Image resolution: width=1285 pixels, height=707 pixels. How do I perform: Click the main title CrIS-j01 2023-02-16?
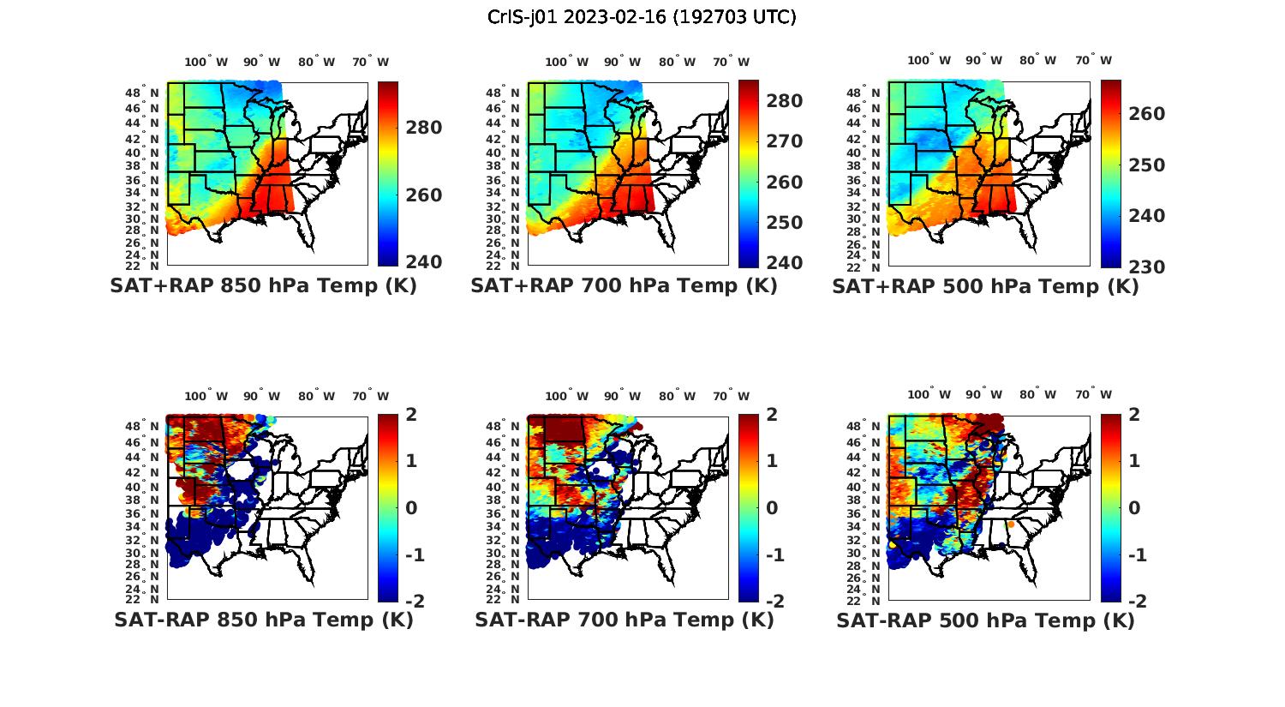click(642, 16)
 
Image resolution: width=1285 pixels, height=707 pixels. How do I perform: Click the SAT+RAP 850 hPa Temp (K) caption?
click(263, 286)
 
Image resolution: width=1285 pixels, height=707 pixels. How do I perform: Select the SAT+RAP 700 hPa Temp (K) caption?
click(624, 286)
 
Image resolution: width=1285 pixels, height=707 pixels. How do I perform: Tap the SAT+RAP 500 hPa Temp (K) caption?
click(985, 287)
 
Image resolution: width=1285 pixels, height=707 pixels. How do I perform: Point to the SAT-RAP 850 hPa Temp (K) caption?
click(263, 620)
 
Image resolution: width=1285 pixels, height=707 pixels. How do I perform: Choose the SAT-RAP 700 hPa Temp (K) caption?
click(624, 620)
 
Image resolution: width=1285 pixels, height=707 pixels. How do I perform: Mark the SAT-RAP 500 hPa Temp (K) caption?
click(985, 621)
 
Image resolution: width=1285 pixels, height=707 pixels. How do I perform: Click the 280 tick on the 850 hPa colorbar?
click(424, 128)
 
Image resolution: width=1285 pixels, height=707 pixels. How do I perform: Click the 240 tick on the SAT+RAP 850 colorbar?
click(424, 261)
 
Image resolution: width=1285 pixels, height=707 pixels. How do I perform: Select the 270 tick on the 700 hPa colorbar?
click(785, 141)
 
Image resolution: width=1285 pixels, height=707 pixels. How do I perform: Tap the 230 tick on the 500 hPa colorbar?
click(1146, 267)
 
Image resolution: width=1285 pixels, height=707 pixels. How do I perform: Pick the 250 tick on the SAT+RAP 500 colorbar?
click(1146, 165)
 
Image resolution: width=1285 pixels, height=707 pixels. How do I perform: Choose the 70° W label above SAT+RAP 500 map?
click(1094, 60)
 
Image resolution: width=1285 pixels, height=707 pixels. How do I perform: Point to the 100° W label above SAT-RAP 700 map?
click(566, 396)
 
